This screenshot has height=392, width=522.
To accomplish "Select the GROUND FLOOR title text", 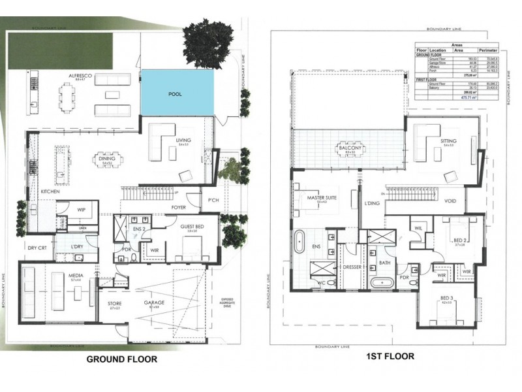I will click(122, 359).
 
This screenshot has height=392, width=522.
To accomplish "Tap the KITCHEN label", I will click(50, 191).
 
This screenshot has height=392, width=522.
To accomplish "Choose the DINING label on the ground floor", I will click(106, 157).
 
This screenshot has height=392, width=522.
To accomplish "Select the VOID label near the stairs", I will click(450, 201).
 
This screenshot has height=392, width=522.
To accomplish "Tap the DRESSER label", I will click(352, 267).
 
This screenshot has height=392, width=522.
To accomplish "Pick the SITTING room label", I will click(448, 140).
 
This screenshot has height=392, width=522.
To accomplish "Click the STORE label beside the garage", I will click(115, 303).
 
